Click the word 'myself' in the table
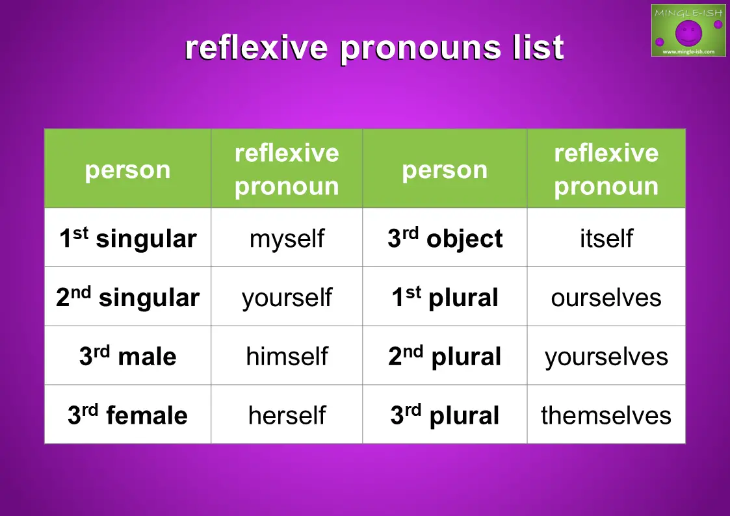(287, 239)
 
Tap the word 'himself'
(287, 356)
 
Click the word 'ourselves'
(606, 298)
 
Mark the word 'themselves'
(606, 415)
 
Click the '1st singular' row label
(128, 239)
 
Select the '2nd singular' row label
(128, 297)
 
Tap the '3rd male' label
(128, 356)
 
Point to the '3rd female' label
(128, 415)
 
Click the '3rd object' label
(445, 239)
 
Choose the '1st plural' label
(445, 297)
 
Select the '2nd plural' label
(445, 356)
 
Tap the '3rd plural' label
(445, 415)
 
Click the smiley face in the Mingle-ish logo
(688, 32)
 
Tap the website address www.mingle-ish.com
(688, 51)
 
